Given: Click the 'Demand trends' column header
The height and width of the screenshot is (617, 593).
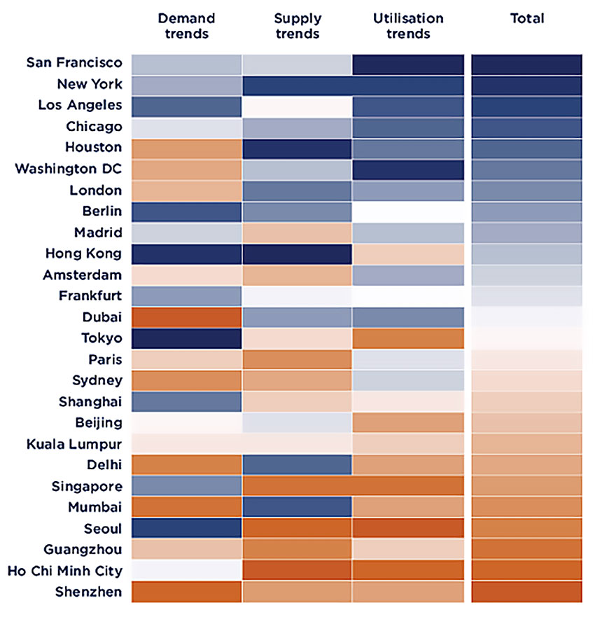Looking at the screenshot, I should pyautogui.click(x=186, y=25).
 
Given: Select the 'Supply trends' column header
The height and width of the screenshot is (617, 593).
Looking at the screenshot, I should pyautogui.click(x=297, y=25).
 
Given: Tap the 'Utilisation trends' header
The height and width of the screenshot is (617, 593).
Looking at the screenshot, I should pyautogui.click(x=408, y=25).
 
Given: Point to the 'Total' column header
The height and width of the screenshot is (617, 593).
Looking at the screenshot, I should pyautogui.click(x=526, y=18).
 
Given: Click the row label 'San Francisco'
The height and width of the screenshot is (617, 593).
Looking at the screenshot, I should pyautogui.click(x=74, y=63).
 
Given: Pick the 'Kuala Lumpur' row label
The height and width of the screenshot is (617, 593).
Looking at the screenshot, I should pyautogui.click(x=74, y=444).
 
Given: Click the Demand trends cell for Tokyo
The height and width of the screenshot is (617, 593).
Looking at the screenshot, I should pyautogui.click(x=186, y=338).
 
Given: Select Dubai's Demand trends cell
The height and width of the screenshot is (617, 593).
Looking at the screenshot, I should pyautogui.click(x=186, y=317).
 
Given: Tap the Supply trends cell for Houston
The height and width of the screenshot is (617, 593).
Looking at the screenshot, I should pyautogui.click(x=297, y=148).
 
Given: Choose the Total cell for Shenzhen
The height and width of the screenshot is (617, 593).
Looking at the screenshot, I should pyautogui.click(x=526, y=592).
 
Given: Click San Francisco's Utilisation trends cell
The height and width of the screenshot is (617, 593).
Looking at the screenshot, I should pyautogui.click(x=408, y=64).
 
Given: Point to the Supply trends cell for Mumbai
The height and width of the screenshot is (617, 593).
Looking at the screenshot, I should pyautogui.click(x=297, y=507).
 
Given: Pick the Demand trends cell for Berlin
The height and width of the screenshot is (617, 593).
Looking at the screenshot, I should pyautogui.click(x=186, y=212).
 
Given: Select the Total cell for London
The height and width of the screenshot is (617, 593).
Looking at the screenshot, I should pyautogui.click(x=526, y=190).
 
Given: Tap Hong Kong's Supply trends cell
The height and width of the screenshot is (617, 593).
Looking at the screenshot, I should pyautogui.click(x=297, y=254).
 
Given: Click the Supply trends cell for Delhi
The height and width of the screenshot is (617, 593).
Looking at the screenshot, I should pyautogui.click(x=297, y=465).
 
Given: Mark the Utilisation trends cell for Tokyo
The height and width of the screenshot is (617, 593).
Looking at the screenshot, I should pyautogui.click(x=408, y=338).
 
